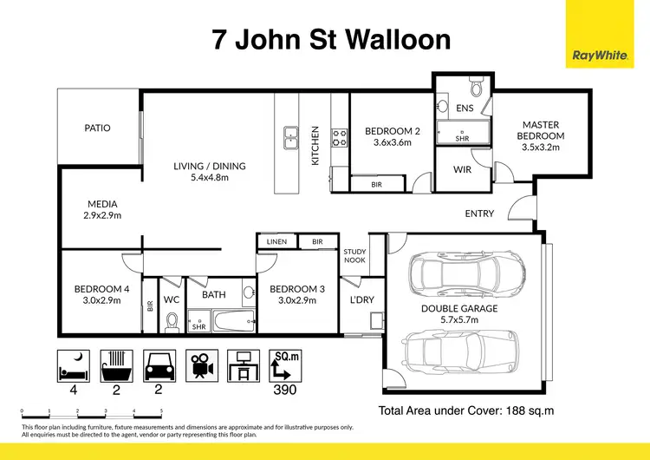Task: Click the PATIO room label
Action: (x=97, y=128)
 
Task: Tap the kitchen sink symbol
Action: (x=289, y=136)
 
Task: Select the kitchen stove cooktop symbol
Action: (x=339, y=136)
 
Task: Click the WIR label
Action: (x=462, y=169)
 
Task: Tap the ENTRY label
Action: (x=479, y=214)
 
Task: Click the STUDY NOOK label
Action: (x=354, y=256)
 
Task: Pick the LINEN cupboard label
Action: (x=276, y=241)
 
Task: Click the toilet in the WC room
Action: (x=172, y=322)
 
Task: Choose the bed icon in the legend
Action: (x=73, y=365)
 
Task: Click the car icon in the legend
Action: (x=158, y=365)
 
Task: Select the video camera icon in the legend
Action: (x=200, y=365)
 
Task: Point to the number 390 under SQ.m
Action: (x=284, y=390)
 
